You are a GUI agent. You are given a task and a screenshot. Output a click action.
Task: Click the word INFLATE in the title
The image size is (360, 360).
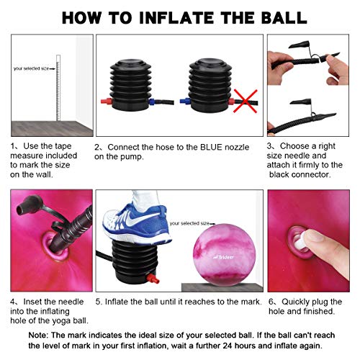coord(176,18)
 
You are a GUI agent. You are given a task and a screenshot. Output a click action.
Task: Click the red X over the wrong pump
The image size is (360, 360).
coord(246,101)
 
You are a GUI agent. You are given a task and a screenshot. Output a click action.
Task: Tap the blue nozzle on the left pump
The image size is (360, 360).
coord(152,102)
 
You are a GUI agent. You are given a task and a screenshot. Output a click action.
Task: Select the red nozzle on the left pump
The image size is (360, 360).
coord(107,101)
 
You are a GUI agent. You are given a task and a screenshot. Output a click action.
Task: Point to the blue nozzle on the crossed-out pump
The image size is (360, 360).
coord(185,102)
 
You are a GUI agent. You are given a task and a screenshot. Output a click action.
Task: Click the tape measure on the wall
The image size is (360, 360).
coord(58,88)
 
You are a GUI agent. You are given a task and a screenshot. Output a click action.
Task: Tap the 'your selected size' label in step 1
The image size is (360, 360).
coord(31,68)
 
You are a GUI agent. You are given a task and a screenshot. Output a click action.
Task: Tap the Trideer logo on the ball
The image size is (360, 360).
coord(224,257)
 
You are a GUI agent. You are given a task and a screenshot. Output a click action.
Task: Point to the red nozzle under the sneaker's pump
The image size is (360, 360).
coord(153,279)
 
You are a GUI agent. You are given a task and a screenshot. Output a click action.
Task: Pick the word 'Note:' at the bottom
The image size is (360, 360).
coord(38,336)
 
